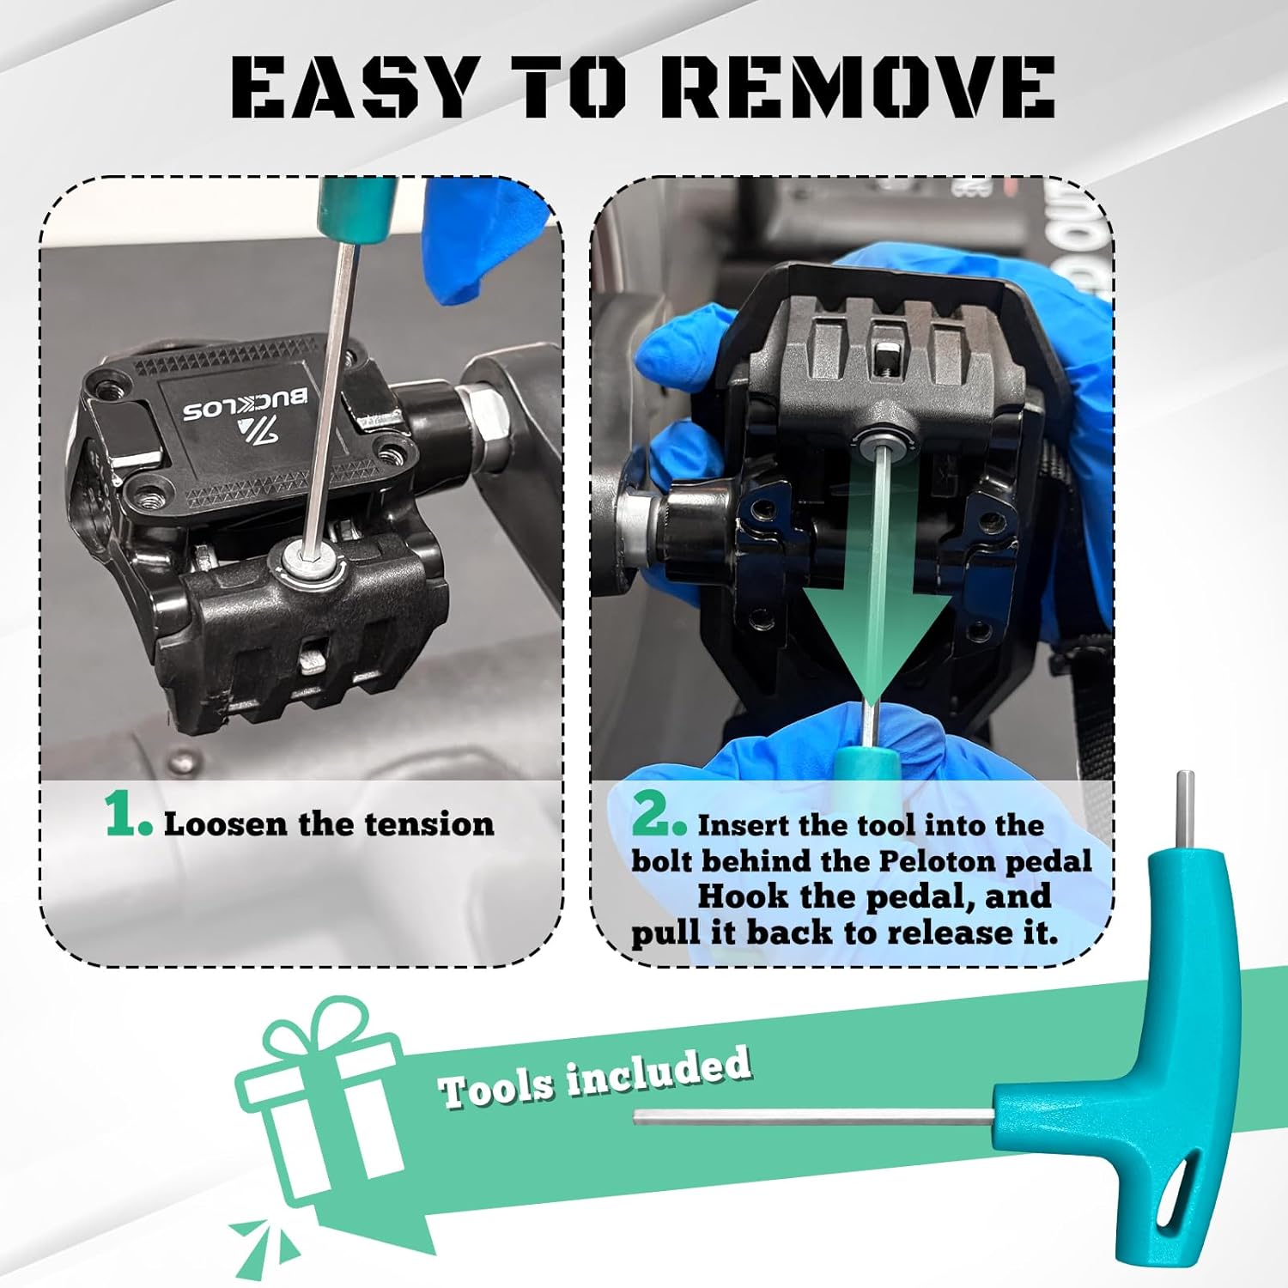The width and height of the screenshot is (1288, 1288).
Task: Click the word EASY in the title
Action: click(353, 87)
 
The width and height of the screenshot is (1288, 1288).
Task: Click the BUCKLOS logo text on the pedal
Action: click(250, 404)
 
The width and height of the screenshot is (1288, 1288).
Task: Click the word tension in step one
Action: click(429, 824)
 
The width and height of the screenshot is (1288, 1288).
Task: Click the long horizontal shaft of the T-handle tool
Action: click(814, 1117)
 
